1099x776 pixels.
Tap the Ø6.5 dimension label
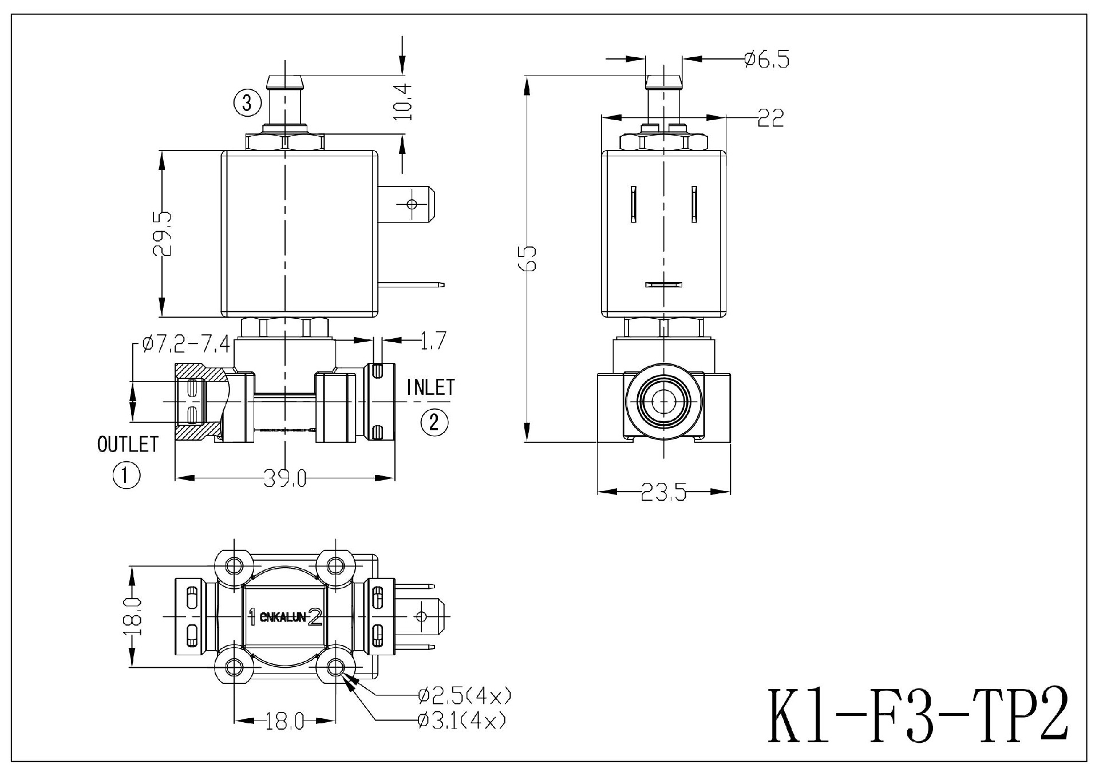tap(766, 60)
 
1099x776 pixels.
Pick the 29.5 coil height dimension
tap(162, 233)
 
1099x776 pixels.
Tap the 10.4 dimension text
tap(404, 101)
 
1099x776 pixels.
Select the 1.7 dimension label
tap(432, 341)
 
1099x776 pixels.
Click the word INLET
tap(430, 387)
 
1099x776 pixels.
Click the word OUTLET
tap(128, 445)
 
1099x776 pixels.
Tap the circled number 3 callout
tap(247, 104)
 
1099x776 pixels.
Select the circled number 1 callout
tap(126, 475)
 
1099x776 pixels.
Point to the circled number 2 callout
tap(434, 422)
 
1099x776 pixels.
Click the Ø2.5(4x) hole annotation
tap(464, 696)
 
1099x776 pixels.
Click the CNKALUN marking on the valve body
tap(283, 617)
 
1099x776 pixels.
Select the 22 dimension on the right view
tap(770, 118)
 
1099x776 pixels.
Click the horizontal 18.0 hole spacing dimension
tap(284, 722)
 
